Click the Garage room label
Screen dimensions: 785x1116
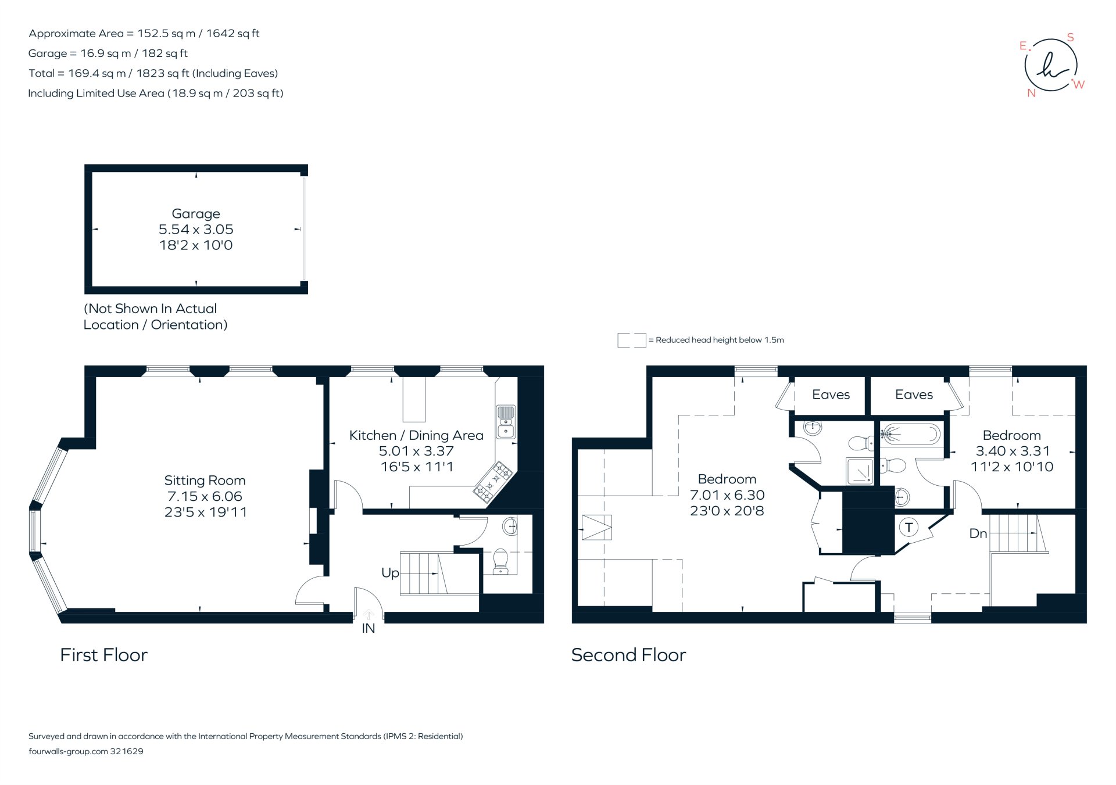[x=196, y=214]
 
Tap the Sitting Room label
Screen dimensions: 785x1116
[x=205, y=481]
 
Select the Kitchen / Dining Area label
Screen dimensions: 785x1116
[x=416, y=435]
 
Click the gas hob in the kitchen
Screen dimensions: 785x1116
[x=493, y=482]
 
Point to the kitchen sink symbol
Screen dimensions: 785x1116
[x=506, y=421]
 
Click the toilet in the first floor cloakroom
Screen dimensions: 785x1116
[x=500, y=562]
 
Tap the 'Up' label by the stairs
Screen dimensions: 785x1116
[x=390, y=573]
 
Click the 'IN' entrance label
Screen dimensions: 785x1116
[x=369, y=628]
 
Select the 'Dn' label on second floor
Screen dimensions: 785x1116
[x=978, y=533]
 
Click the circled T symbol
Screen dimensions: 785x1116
[x=908, y=528]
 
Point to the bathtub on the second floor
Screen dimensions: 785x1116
[x=910, y=434]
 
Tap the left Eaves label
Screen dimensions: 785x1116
[x=831, y=395]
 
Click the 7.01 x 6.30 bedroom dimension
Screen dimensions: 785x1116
[x=727, y=495]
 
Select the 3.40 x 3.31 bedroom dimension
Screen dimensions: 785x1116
[x=1013, y=451]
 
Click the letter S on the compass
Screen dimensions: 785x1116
[x=1070, y=38]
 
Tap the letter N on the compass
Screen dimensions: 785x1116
[x=1032, y=93]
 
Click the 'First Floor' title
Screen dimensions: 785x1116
[x=104, y=655]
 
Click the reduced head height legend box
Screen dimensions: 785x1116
[x=631, y=340]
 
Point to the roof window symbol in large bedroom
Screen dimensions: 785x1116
[x=597, y=528]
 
